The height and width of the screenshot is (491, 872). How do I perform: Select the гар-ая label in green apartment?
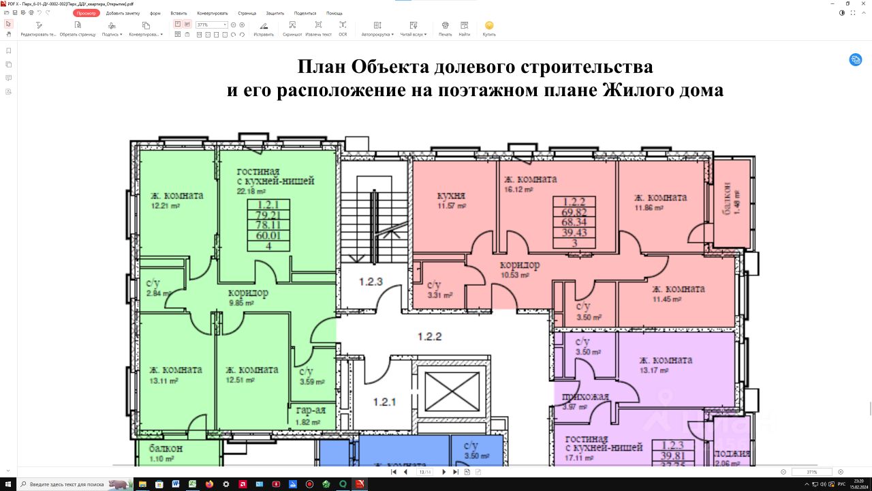coord(311,411)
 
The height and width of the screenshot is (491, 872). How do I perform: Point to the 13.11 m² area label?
coord(163,381)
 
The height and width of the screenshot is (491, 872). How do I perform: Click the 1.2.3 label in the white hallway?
coord(371,281)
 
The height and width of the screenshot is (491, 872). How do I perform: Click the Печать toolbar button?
coord(445,29)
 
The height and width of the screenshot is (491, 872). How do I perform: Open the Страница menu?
coord(247,13)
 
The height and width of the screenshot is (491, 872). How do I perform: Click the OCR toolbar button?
coord(343,29)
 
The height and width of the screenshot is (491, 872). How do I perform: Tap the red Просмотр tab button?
coord(87,13)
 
